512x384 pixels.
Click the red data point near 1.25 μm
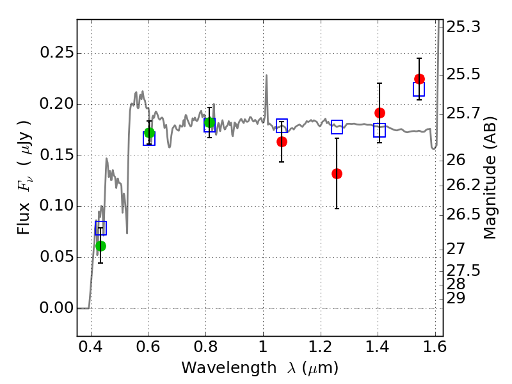[337, 173]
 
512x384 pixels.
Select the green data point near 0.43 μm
[101, 246]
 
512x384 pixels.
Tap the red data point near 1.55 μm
[419, 79]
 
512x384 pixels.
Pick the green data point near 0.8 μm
[210, 123]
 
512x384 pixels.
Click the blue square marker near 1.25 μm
[337, 127]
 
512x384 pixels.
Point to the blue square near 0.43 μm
[100, 228]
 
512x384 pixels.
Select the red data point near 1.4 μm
[380, 113]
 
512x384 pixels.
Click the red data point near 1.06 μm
[282, 141]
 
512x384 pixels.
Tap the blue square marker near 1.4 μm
[380, 131]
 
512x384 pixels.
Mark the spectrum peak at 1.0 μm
[266, 76]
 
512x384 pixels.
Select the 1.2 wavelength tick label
[321, 347]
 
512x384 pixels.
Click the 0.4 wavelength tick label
[91, 347]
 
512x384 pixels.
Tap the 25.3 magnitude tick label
[463, 27]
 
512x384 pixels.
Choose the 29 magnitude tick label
[456, 298]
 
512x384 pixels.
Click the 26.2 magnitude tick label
[463, 185]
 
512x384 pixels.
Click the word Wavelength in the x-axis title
[229, 368]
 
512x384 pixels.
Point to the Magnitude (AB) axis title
[490, 178]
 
